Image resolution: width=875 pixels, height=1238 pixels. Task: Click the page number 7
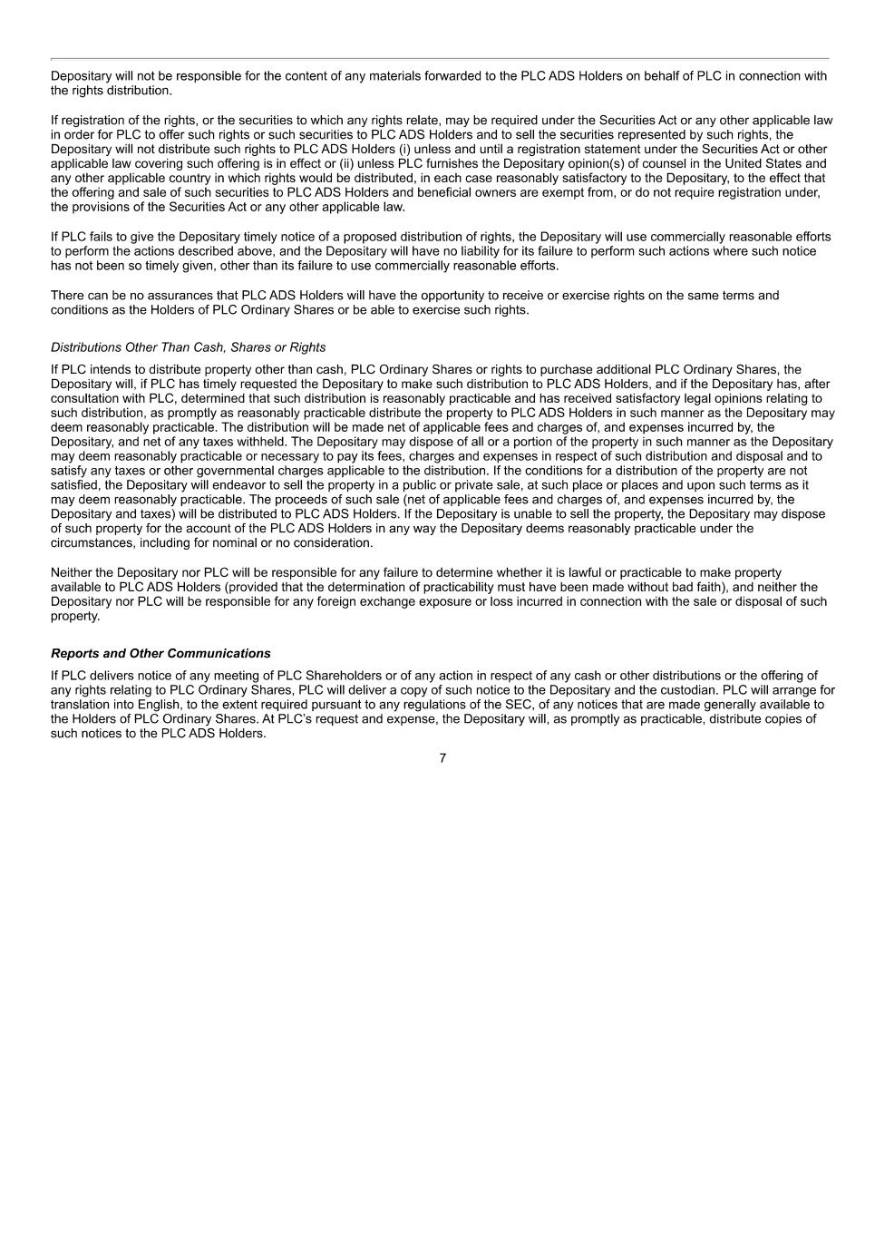[442, 758]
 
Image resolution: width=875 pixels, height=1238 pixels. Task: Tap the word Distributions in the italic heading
[86, 347]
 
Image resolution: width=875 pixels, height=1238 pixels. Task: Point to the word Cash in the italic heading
[204, 347]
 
